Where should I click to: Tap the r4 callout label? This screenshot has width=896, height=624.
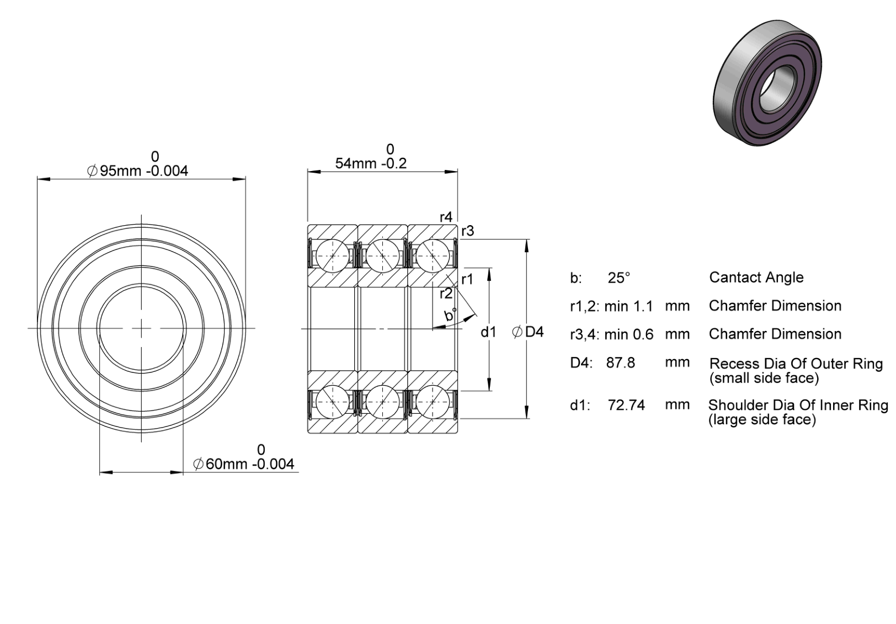pyautogui.click(x=446, y=217)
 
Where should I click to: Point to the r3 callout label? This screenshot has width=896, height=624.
pyautogui.click(x=468, y=231)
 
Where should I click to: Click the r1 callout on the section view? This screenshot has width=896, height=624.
pyautogui.click(x=467, y=280)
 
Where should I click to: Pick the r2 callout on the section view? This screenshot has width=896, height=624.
pyautogui.click(x=446, y=294)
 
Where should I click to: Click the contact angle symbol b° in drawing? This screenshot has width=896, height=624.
pyautogui.click(x=450, y=315)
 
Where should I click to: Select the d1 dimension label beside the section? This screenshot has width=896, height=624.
pyautogui.click(x=488, y=332)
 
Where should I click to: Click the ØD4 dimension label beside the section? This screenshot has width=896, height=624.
pyautogui.click(x=528, y=332)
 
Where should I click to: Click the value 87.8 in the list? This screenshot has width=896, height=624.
pyautogui.click(x=620, y=362)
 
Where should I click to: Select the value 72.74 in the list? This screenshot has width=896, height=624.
pyautogui.click(x=626, y=405)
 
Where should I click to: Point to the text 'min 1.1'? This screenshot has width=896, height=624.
pyautogui.click(x=628, y=306)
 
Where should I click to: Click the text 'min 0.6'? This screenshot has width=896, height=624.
pyautogui.click(x=629, y=334)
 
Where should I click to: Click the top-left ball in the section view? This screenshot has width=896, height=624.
pyautogui.click(x=332, y=256)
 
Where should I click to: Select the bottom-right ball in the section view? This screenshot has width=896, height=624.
pyautogui.click(x=433, y=402)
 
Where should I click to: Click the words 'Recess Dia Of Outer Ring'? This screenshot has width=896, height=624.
pyautogui.click(x=796, y=364)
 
